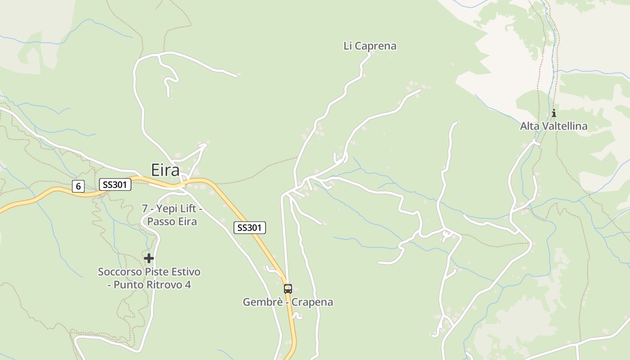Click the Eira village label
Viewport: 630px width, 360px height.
pyautogui.click(x=165, y=170)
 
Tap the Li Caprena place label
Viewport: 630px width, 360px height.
pyautogui.click(x=370, y=46)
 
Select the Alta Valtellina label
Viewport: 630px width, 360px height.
pyautogui.click(x=553, y=126)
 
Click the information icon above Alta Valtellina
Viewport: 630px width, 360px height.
pyautogui.click(x=554, y=113)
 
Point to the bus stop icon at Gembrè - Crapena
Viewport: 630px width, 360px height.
pyautogui.click(x=288, y=288)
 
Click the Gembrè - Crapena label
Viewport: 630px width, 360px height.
pyautogui.click(x=288, y=302)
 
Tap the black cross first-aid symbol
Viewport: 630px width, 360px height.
pyautogui.click(x=149, y=258)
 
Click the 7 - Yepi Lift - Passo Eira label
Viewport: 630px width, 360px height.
pyautogui.click(x=172, y=215)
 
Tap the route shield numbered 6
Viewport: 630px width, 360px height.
pyautogui.click(x=78, y=186)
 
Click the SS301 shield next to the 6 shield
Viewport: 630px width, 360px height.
pyautogui.click(x=115, y=184)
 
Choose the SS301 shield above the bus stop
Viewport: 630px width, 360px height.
pyautogui.click(x=250, y=228)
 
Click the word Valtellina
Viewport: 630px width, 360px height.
pyautogui.click(x=564, y=126)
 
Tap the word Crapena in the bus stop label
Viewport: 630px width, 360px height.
pyautogui.click(x=312, y=302)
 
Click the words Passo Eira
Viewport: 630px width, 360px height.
pyautogui.click(x=172, y=221)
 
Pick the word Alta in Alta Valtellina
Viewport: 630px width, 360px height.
pyautogui.click(x=529, y=126)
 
